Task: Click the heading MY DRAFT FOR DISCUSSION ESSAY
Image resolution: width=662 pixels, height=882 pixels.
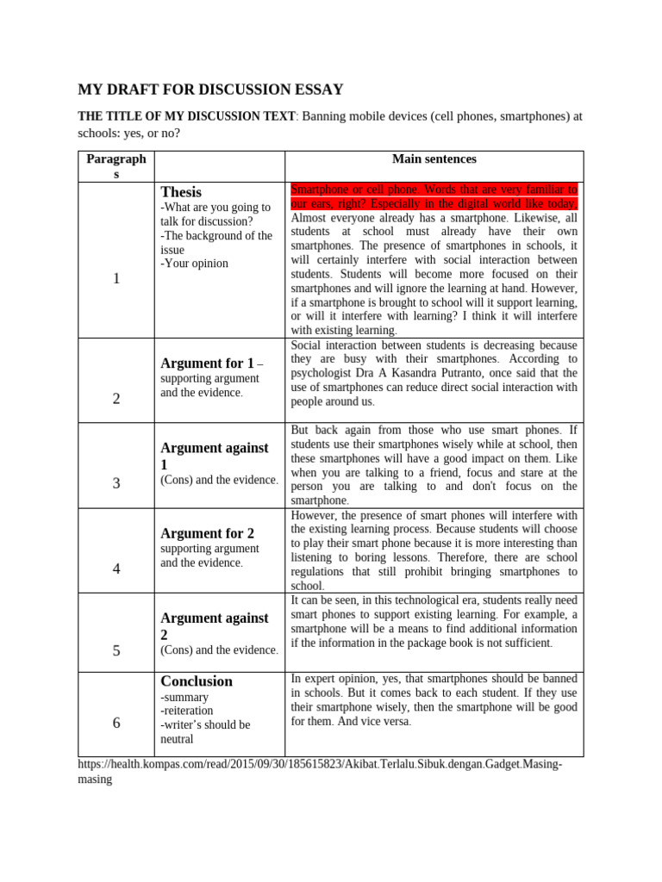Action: (x=210, y=89)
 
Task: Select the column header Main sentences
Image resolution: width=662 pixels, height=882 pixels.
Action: (x=434, y=159)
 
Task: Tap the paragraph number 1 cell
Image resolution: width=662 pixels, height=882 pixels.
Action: (x=116, y=278)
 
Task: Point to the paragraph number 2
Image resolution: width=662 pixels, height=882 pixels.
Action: (x=116, y=398)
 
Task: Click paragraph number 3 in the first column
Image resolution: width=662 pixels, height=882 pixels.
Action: (x=116, y=483)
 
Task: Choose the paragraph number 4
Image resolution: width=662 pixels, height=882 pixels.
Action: (x=116, y=568)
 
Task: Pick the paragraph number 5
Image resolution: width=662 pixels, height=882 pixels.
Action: (x=116, y=650)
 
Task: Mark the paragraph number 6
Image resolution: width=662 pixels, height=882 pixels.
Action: (x=116, y=723)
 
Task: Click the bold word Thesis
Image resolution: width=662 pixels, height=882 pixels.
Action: (x=181, y=192)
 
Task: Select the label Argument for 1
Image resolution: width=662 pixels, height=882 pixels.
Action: (x=207, y=363)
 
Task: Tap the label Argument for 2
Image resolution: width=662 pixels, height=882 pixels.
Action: (x=207, y=533)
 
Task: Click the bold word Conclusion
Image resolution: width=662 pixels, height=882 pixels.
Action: (x=197, y=680)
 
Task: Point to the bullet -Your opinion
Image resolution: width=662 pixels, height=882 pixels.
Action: (x=194, y=264)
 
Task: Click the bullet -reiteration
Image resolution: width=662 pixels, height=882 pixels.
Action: (x=189, y=711)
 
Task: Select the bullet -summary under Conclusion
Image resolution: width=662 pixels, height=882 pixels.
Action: (x=184, y=697)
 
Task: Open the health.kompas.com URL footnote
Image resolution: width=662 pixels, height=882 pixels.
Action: (x=319, y=764)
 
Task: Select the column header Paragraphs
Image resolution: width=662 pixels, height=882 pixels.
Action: (x=116, y=166)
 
